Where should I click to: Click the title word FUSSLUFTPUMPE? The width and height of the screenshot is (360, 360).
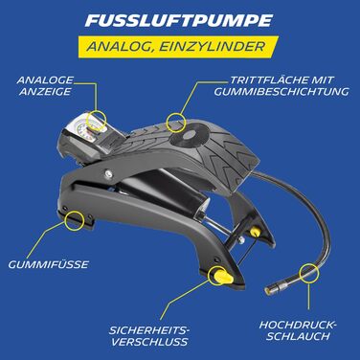click(x=179, y=20)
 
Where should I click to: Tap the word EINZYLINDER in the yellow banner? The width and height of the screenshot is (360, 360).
click(x=212, y=46)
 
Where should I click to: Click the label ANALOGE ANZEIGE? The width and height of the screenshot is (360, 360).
click(x=45, y=85)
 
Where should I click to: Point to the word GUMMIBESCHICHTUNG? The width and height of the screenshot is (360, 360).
click(x=281, y=91)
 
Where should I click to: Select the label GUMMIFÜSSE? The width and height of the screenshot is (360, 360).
click(x=48, y=264)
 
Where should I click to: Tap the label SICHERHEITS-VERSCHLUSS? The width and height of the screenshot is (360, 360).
click(x=149, y=336)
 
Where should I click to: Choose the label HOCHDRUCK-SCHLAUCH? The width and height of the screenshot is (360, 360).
click(x=298, y=330)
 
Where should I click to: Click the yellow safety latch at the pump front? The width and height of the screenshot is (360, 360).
click(x=221, y=275)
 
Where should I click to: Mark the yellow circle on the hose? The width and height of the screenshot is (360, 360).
click(x=308, y=273)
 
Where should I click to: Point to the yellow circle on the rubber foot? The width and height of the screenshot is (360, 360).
click(x=75, y=220)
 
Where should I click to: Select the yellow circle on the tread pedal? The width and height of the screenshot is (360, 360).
click(x=176, y=123)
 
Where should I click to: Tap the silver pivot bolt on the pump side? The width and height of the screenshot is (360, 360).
click(x=109, y=173)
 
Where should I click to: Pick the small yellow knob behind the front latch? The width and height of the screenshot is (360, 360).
click(x=254, y=232)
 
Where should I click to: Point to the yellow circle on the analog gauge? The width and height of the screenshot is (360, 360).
click(x=98, y=121)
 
